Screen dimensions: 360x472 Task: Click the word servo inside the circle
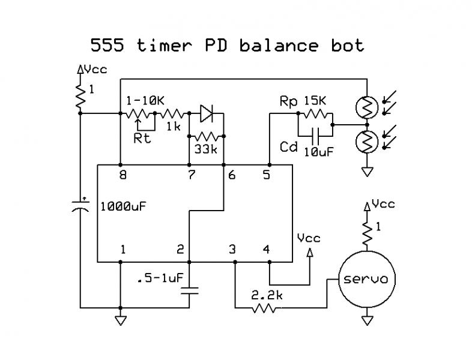coord(366,279)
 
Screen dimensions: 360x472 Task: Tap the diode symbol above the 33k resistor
coord(207,112)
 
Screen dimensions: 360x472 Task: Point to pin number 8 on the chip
coord(123,176)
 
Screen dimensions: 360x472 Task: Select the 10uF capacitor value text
coord(319,152)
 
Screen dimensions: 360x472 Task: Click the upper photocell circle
coord(366,107)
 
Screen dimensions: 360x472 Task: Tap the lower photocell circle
coord(366,142)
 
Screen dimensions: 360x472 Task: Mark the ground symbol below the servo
coord(366,321)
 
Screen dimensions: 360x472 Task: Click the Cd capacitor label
coord(289,146)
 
